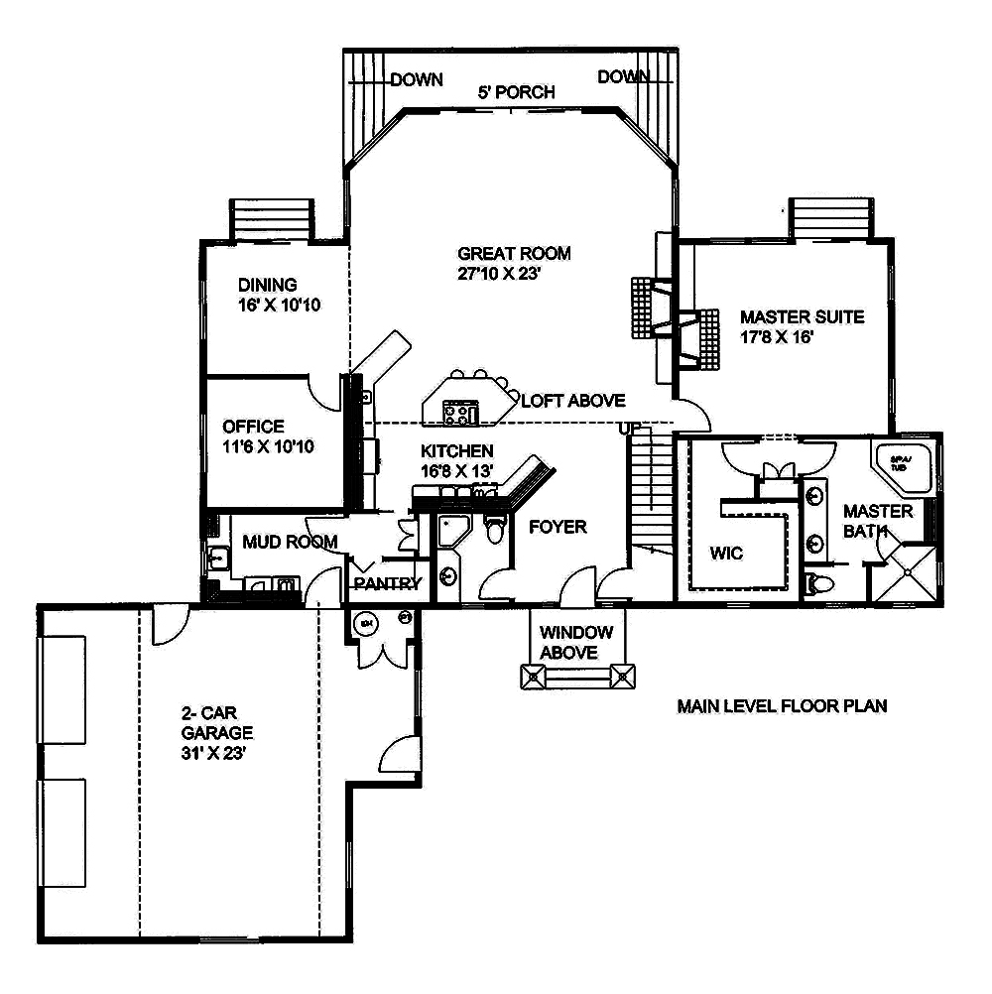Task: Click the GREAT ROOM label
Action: (x=514, y=253)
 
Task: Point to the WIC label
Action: (x=727, y=553)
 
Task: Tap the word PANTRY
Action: (x=387, y=583)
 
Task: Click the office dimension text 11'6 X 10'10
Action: (x=268, y=446)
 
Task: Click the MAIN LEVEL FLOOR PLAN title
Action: (x=782, y=706)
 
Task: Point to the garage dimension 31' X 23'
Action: (x=212, y=753)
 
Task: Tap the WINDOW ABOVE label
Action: (x=575, y=642)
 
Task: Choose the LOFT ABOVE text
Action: (x=573, y=401)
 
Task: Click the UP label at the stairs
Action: (x=629, y=428)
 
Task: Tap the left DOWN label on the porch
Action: (x=416, y=79)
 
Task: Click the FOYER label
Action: (x=558, y=526)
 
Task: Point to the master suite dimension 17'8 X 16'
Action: (x=788, y=337)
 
